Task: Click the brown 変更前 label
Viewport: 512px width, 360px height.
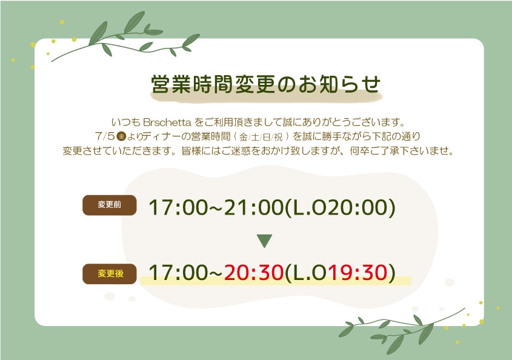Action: point(110,205)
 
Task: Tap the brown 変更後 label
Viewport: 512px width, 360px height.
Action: point(110,274)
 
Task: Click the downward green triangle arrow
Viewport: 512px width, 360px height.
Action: point(265,241)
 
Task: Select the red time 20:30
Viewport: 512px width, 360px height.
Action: point(254,273)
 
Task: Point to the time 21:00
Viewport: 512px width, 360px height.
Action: point(254,207)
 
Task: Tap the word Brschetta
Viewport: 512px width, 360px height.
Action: point(167,122)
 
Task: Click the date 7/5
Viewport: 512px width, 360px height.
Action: point(105,136)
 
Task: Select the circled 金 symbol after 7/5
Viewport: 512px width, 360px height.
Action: point(121,136)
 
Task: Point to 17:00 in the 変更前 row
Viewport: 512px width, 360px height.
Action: point(178,207)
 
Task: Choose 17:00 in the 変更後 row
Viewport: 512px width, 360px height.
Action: point(178,273)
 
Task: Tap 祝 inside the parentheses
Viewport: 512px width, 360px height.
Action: point(278,137)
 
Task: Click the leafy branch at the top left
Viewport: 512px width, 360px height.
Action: point(125,36)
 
